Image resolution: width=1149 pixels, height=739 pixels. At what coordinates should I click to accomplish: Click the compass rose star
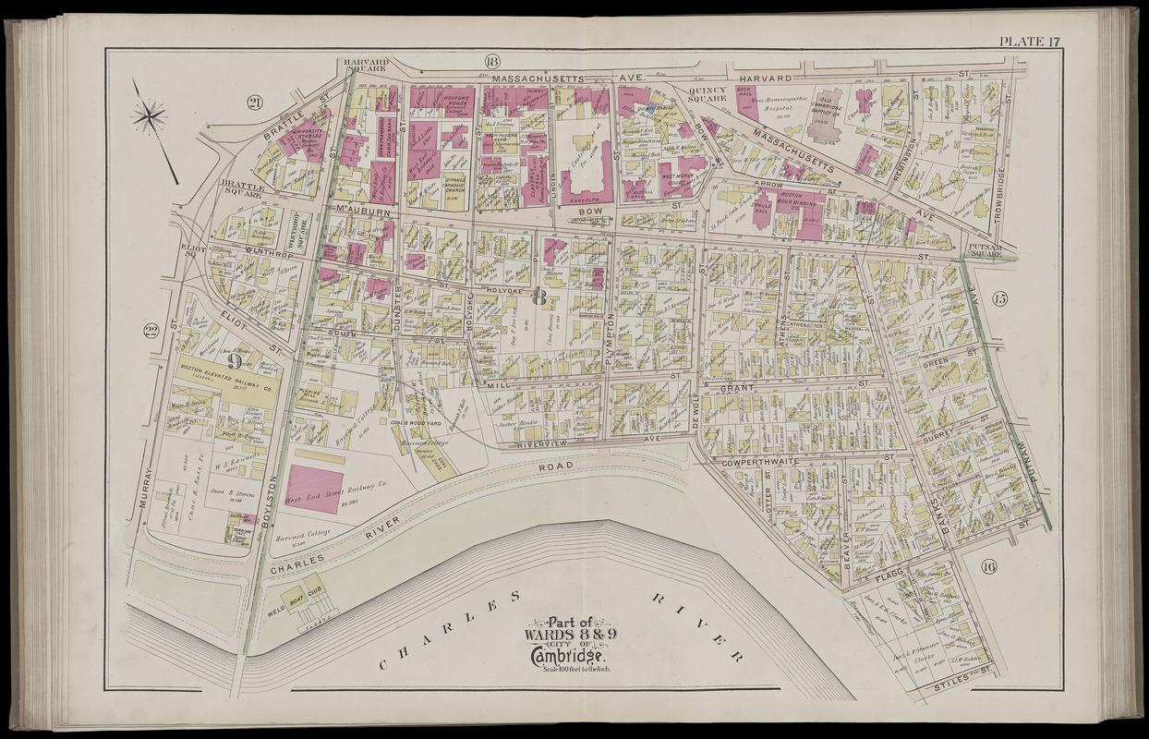tap(149, 116)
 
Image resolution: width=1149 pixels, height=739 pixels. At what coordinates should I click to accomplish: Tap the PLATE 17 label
tap(1028, 39)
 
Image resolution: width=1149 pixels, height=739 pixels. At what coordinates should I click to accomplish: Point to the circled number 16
tap(988, 567)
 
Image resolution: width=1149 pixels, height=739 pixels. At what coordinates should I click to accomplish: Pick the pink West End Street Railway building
tap(314, 487)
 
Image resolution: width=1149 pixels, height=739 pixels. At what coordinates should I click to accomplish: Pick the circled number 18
tap(491, 62)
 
